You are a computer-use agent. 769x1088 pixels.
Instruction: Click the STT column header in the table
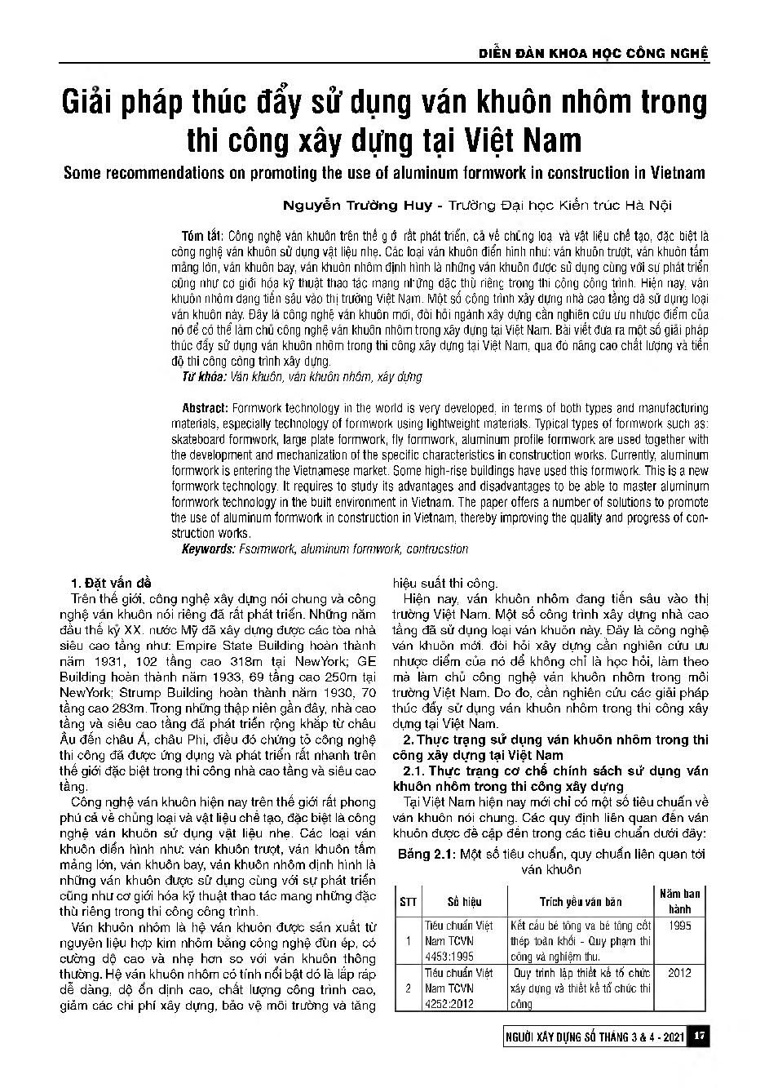coord(408,901)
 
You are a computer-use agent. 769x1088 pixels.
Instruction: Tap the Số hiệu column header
coord(464,901)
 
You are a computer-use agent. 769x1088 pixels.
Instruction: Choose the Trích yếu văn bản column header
coord(581,901)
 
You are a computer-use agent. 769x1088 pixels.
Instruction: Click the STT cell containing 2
coord(408,988)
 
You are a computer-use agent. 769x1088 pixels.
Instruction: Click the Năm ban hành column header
coord(679,901)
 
